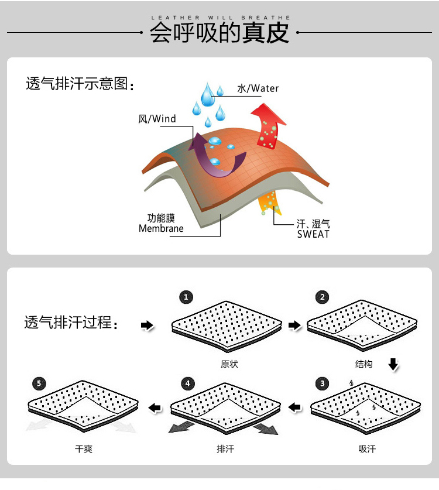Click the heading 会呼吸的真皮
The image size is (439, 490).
tap(220, 33)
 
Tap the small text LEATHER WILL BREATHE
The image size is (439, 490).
tap(220, 18)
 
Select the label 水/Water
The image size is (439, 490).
tap(258, 88)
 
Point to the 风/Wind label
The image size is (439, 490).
tap(157, 119)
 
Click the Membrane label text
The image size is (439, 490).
tap(161, 228)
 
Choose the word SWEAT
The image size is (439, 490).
tap(313, 234)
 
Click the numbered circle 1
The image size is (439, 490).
tap(186, 297)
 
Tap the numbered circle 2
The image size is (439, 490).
tap(322, 297)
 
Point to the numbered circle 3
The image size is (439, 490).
tap(322, 384)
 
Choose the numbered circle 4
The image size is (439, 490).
tap(187, 384)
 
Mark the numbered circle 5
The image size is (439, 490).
tap(39, 384)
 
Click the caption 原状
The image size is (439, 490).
tap(229, 364)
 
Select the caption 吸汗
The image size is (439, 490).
tap(367, 449)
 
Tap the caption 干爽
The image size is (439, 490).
tap(84, 449)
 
